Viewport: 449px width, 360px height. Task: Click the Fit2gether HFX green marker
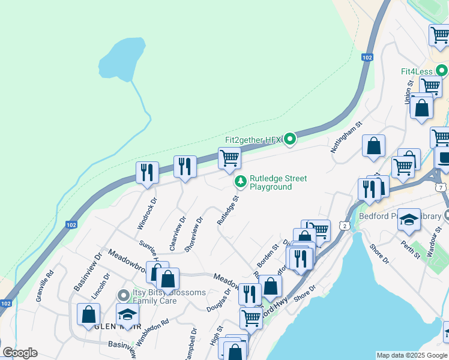290,140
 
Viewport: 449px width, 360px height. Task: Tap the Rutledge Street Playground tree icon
240,181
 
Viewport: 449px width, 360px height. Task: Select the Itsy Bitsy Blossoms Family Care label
169,296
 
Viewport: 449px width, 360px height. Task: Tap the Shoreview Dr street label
194,234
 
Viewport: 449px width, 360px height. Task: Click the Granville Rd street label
45,286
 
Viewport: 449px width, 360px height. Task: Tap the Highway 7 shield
442,188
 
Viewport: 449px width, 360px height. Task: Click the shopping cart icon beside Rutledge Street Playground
229,159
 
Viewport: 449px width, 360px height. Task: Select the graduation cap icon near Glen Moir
127,314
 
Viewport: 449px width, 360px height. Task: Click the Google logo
19,353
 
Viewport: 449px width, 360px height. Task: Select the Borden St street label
268,255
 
